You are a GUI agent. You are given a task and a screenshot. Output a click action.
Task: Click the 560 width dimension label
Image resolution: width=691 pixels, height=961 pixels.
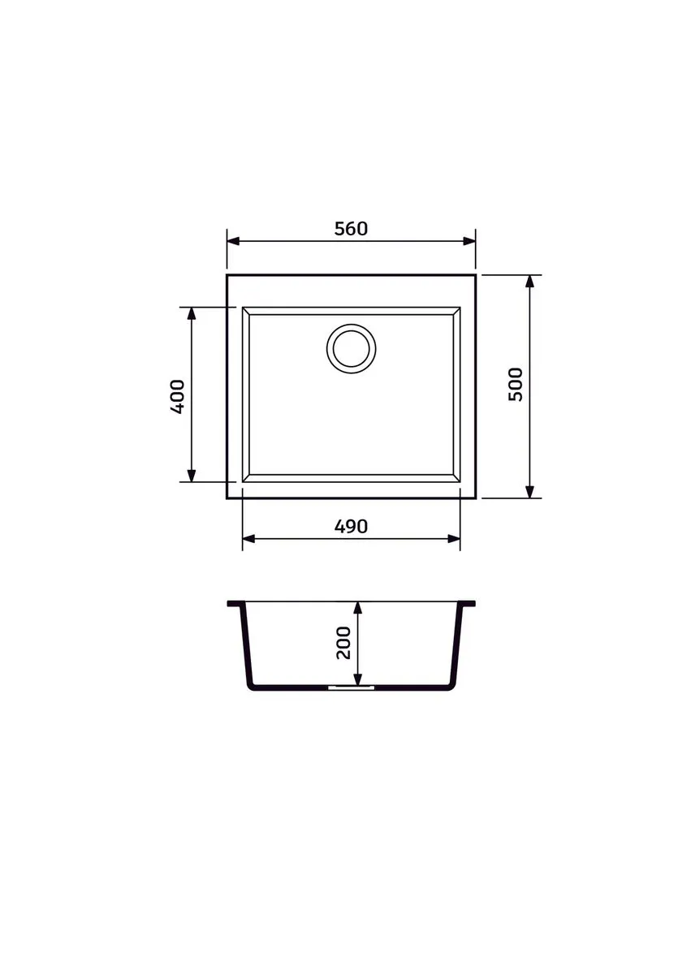pos(351,229)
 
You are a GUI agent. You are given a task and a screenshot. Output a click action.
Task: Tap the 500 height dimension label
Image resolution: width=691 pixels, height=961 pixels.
pos(516,384)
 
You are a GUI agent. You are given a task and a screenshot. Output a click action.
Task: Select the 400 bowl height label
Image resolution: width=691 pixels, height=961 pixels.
pos(177,397)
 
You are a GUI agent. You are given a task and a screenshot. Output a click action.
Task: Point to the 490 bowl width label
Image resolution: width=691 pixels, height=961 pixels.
pos(351,527)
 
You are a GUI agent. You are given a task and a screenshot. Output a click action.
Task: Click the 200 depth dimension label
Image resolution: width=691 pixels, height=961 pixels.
pos(343,642)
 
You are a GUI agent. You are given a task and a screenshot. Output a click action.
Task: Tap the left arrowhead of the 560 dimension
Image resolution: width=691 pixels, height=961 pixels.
pos(233,241)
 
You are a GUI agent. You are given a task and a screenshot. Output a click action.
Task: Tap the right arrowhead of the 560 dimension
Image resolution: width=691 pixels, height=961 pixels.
pos(469,241)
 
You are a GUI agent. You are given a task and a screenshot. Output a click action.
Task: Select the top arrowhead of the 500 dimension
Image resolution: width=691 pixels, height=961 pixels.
pos(529,282)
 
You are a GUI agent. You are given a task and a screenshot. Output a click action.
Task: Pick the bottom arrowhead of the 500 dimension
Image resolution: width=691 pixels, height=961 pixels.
pos(529,492)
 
